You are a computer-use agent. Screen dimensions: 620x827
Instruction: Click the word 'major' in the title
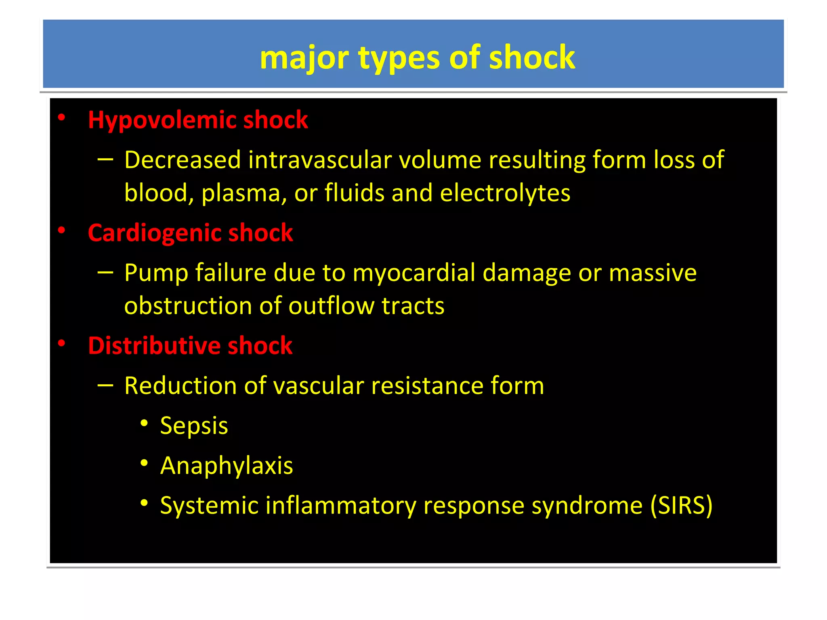[x=304, y=58]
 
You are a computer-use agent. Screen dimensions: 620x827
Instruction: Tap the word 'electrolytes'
[x=505, y=193]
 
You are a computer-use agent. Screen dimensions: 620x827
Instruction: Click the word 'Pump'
[x=156, y=273]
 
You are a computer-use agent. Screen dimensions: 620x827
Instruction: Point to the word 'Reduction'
[x=180, y=385]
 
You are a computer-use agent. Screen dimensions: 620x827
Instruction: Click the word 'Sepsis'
[x=194, y=426]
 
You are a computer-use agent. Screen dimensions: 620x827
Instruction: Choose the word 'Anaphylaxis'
[x=226, y=466]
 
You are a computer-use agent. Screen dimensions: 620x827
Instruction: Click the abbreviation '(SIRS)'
[x=681, y=505]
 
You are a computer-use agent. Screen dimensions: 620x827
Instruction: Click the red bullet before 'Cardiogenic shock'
[x=61, y=230]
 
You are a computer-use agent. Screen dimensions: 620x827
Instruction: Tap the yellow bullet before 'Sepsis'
[x=144, y=423]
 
